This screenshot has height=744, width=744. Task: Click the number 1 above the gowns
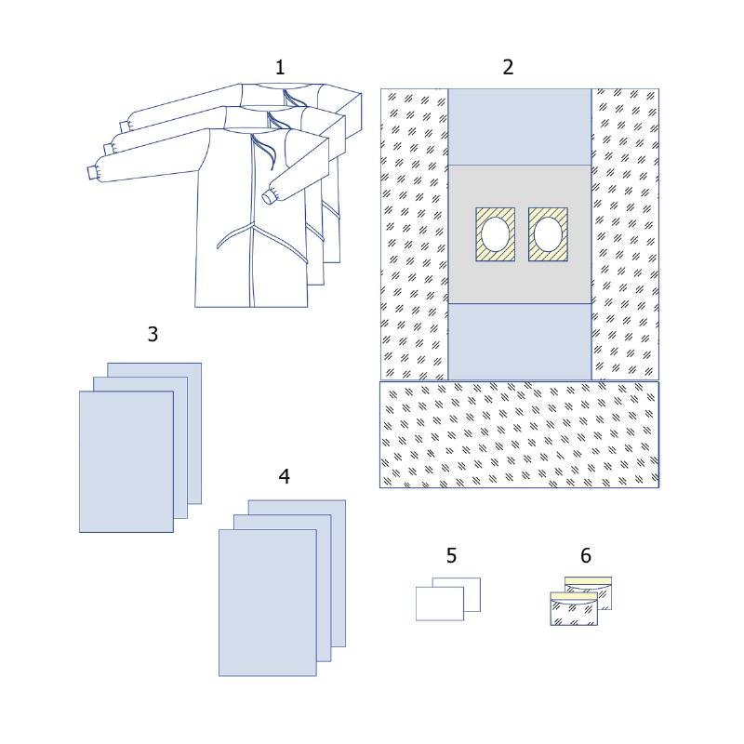(x=280, y=67)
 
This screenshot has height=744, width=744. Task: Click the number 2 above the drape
(x=508, y=67)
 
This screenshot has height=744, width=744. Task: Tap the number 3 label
(x=153, y=334)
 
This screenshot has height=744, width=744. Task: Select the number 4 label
(x=285, y=476)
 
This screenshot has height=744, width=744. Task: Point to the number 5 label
(x=451, y=555)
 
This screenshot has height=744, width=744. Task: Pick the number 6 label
(x=586, y=555)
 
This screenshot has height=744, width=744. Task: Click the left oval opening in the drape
(x=495, y=234)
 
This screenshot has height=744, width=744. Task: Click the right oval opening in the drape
(x=548, y=234)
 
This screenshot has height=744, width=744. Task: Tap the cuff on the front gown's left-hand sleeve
(x=93, y=173)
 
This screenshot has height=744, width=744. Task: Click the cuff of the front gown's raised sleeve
(x=269, y=195)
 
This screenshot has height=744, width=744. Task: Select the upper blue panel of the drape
(x=520, y=126)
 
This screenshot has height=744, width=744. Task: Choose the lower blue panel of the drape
(x=520, y=341)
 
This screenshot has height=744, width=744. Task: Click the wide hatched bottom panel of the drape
(x=519, y=434)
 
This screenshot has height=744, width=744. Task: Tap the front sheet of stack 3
(x=126, y=461)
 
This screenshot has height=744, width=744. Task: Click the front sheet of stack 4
(x=268, y=603)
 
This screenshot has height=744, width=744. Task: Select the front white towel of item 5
(x=439, y=604)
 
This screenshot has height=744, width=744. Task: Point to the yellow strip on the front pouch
(x=574, y=596)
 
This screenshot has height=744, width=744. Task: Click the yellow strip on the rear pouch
(x=588, y=581)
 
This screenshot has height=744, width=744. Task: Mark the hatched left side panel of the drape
(x=414, y=234)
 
